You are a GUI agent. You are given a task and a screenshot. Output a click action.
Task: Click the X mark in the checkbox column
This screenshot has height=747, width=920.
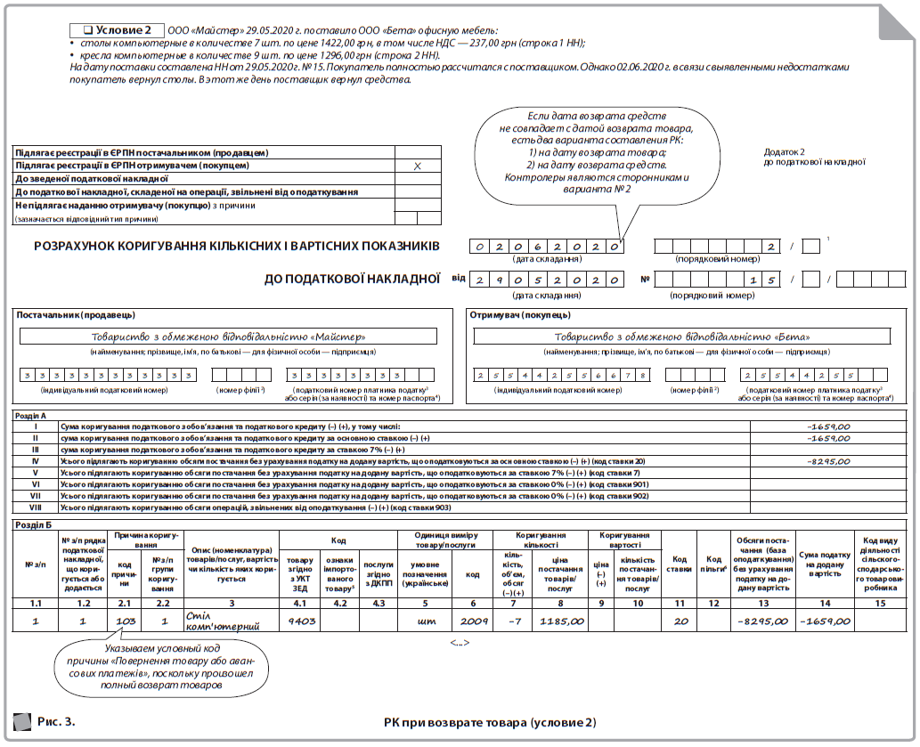coord(417,166)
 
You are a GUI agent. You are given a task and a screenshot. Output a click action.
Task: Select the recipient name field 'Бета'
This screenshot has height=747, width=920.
coord(680,337)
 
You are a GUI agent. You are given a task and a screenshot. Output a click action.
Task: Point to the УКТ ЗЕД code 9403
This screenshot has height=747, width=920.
coord(301,621)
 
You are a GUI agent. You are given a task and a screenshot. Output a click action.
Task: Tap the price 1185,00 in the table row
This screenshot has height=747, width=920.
coord(561,621)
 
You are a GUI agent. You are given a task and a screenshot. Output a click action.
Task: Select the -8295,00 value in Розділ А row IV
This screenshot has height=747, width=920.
coord(827,462)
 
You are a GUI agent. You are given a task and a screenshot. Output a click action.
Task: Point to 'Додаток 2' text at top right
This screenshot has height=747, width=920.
coord(784,151)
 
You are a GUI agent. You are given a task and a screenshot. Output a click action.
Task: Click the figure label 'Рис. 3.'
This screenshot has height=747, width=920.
coord(56,719)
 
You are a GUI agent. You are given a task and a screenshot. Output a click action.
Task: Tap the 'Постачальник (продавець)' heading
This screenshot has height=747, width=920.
coord(76,314)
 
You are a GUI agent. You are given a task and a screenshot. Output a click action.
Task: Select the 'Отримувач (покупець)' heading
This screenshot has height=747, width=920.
coord(520,314)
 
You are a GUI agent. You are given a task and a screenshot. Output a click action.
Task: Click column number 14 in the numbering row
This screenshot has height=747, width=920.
coord(824,604)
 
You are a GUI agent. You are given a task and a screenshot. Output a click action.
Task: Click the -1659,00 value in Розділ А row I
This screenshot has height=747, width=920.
coord(827,426)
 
